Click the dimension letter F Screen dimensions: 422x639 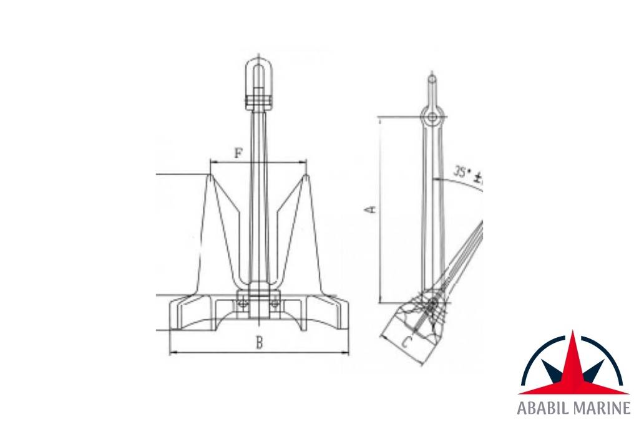point(238,152)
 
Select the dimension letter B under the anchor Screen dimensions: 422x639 point(258,342)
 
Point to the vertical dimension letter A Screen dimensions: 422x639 point(370,209)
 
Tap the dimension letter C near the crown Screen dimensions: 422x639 point(406,341)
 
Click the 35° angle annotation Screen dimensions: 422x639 point(468,174)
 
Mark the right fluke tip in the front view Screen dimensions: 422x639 point(306,176)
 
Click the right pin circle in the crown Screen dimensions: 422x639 point(274,303)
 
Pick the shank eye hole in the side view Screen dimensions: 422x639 point(432,117)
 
